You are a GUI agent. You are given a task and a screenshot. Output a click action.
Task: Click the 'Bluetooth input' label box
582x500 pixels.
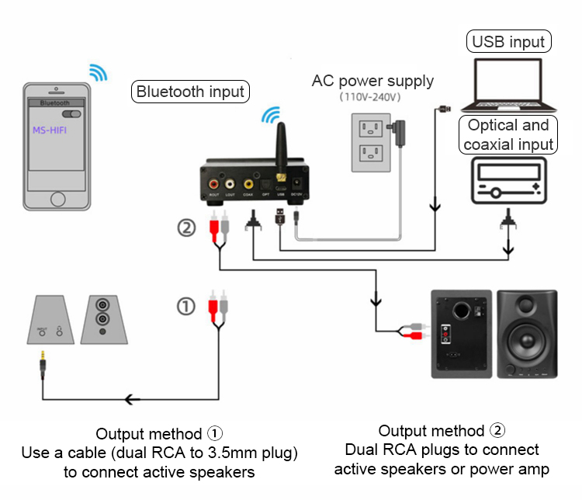[x=190, y=92]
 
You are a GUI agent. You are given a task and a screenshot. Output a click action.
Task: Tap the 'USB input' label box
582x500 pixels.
[x=509, y=41]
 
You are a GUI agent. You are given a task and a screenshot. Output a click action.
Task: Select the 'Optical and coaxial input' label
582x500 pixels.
[x=509, y=135]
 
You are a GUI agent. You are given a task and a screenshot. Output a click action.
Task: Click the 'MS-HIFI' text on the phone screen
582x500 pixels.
[x=50, y=130]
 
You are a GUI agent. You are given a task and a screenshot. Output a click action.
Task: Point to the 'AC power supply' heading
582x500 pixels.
[x=372, y=81]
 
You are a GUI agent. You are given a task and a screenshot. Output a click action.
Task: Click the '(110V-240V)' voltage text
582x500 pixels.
[x=369, y=98]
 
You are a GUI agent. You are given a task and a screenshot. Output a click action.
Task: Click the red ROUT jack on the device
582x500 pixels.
[x=213, y=185]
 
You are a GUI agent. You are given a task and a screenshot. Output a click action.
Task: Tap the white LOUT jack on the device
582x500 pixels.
[x=230, y=185]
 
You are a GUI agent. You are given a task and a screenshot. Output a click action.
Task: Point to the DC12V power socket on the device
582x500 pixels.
[x=296, y=185]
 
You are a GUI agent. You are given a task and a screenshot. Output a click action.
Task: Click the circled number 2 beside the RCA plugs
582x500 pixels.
[x=186, y=228]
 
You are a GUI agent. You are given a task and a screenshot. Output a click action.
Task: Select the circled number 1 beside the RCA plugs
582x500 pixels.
[x=186, y=307]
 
